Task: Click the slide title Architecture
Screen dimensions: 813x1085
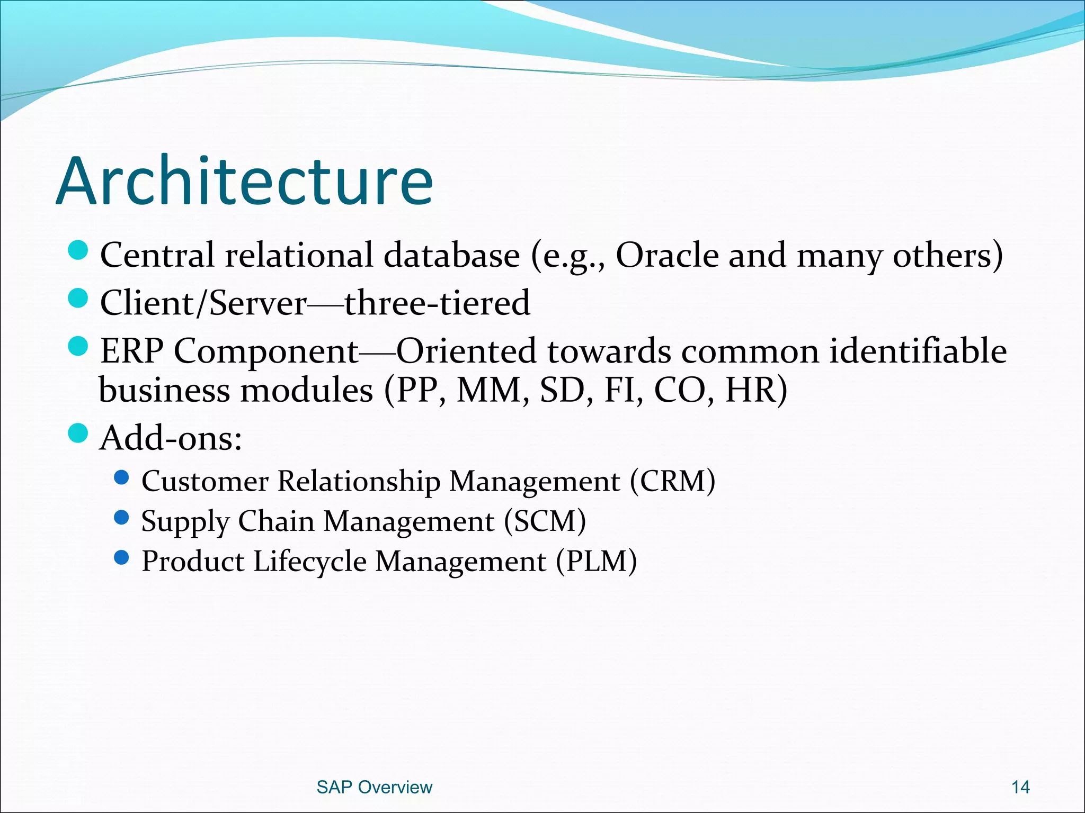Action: [x=245, y=181]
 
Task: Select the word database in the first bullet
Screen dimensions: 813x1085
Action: [x=451, y=256]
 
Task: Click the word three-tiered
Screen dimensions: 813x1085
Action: [x=437, y=303]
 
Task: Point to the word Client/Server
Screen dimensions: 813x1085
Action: [x=203, y=303]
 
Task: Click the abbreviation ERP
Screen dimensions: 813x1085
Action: [x=132, y=351]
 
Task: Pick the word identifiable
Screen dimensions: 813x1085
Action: [x=918, y=351]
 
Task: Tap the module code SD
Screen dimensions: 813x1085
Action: [x=562, y=391]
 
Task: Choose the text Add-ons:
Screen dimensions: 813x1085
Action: [x=171, y=438]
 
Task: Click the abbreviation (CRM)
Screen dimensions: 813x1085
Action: [x=672, y=481]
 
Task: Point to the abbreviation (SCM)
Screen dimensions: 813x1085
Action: [x=545, y=521]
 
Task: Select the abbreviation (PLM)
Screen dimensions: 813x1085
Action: [x=596, y=561]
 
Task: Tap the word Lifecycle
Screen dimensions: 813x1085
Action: [x=309, y=561]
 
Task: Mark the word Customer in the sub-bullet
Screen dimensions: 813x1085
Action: [x=205, y=481]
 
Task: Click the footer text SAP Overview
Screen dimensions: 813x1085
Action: [x=374, y=787]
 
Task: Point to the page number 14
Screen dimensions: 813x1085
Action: [x=1020, y=787]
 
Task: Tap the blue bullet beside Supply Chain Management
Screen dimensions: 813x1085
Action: [x=121, y=517]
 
